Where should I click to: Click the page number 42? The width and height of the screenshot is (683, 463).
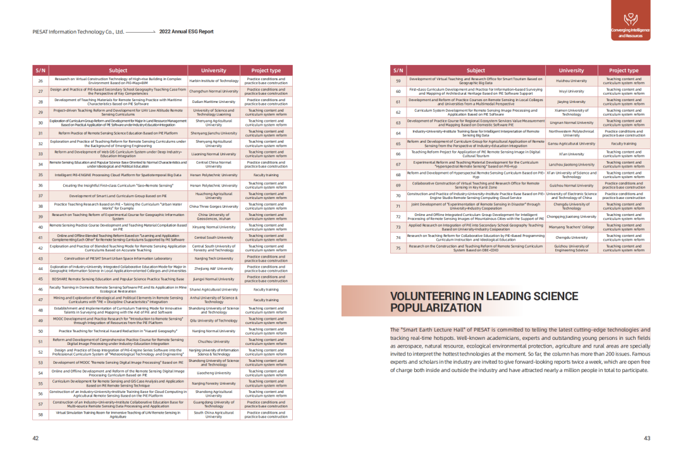[x=35, y=438]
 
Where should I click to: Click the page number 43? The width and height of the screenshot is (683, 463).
[x=647, y=438]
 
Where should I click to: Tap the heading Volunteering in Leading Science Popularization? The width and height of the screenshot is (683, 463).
[x=476, y=303]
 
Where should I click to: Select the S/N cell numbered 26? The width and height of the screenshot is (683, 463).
[x=40, y=80]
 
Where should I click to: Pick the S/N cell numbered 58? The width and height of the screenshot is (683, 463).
[x=40, y=414]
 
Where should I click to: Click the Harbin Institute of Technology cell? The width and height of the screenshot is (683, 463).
[x=214, y=80]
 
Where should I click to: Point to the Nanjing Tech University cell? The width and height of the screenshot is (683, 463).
[x=214, y=258]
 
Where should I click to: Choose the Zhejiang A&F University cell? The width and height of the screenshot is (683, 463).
[x=214, y=268]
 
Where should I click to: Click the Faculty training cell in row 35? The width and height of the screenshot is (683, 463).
[x=266, y=174]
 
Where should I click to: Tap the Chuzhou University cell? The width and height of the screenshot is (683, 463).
[x=214, y=341]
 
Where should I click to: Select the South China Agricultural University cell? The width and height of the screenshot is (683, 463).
[x=214, y=414]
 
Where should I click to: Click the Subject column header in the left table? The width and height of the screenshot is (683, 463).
[x=118, y=70]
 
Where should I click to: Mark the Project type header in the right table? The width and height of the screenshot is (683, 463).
[x=624, y=70]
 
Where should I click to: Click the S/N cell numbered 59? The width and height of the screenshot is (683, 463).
[x=398, y=80]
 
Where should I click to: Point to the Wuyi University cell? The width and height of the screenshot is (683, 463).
[x=572, y=91]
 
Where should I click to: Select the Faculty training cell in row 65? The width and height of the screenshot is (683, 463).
[x=624, y=143]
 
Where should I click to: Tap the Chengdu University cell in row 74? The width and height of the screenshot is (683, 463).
[x=572, y=238]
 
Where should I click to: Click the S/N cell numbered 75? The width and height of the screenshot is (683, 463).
[x=398, y=248]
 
